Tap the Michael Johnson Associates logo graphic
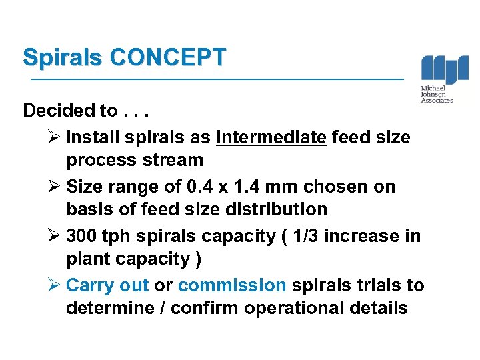point(445,70)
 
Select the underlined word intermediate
point(271,137)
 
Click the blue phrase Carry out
point(107,285)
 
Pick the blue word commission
point(232,285)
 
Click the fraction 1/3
point(323,236)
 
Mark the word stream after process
point(173,160)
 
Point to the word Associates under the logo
point(437,101)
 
